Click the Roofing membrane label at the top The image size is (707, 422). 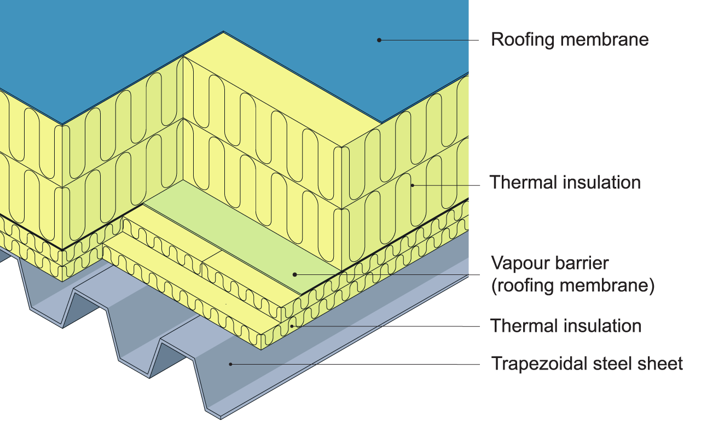tap(569, 40)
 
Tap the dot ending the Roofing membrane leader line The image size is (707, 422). tap(379, 39)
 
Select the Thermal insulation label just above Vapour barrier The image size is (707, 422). tap(565, 182)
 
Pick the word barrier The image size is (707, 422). tap(583, 263)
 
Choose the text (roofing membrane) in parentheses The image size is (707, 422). tap(572, 286)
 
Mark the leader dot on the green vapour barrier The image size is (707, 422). tap(294, 274)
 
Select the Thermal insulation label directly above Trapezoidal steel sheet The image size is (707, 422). tap(565, 326)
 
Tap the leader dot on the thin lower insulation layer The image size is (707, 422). tap(293, 326)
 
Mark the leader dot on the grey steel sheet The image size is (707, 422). tap(231, 364)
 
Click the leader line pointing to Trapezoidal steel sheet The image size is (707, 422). tap(356, 364)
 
